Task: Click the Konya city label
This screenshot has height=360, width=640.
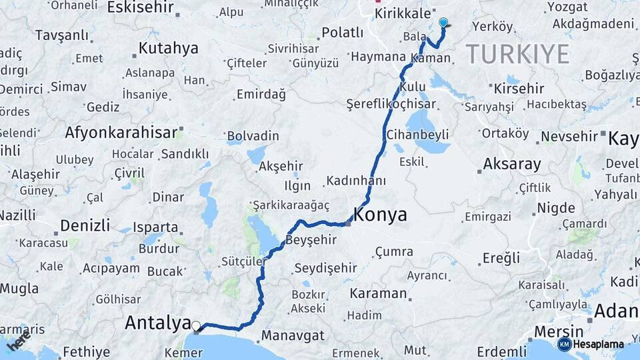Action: pos(380,215)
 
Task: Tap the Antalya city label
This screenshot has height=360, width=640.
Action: pos(158,323)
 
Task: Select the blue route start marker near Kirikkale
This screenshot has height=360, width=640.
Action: pos(443,23)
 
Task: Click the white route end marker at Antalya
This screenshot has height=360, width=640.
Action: pos(196,326)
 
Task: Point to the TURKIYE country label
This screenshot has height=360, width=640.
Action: pos(517,53)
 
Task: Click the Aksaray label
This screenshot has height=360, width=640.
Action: pos(511,164)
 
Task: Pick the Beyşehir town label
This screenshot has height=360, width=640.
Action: pos(311,239)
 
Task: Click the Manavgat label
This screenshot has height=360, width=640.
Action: pos(293,335)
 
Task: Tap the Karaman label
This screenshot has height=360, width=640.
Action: pos(377,293)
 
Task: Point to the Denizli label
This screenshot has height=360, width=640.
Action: pos(85,225)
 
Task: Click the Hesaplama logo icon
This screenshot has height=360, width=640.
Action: pos(564,344)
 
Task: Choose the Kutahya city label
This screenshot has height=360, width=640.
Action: pos(168,48)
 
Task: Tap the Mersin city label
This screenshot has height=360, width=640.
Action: pos(560,331)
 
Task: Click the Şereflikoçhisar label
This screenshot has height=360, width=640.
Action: pos(391,104)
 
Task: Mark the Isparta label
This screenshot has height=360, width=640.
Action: pos(155,227)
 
